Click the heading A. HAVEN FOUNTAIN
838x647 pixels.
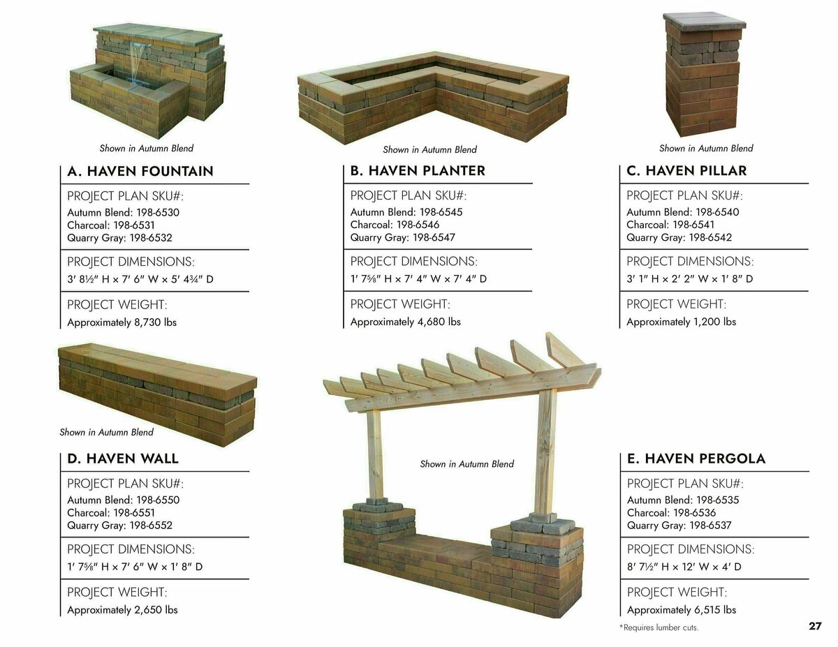[x=140, y=172]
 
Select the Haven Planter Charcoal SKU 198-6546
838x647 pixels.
[x=395, y=225]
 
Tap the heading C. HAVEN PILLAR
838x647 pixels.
[x=686, y=171]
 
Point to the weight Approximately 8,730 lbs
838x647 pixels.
[x=122, y=322]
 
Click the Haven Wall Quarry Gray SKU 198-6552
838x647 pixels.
[x=119, y=526]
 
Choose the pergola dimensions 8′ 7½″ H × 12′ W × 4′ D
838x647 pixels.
[x=684, y=567]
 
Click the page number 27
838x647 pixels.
[x=815, y=626]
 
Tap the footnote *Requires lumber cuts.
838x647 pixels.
[x=659, y=627]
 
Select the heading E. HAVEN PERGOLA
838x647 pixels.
[x=696, y=459]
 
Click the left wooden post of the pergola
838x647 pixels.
[x=376, y=454]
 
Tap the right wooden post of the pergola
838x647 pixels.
[x=545, y=450]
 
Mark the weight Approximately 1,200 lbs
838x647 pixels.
[x=681, y=322]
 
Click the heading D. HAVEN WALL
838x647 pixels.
[x=123, y=459]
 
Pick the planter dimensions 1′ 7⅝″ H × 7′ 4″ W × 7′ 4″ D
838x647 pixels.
[x=418, y=279]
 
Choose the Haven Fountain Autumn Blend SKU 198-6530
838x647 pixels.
[x=124, y=212]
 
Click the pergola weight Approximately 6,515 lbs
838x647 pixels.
[x=681, y=610]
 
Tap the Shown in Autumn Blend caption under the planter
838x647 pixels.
[x=429, y=149]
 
